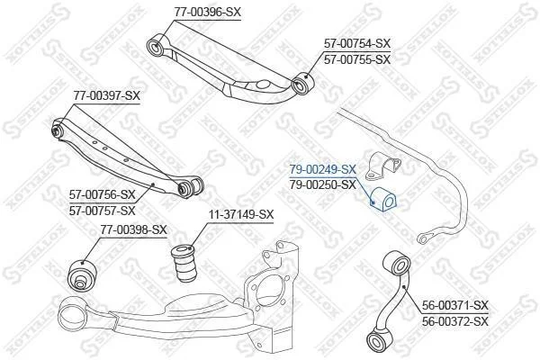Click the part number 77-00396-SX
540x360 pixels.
(207, 13)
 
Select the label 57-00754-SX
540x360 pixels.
(357, 43)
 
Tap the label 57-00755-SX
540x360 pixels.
(357, 59)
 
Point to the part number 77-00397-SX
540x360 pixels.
(107, 95)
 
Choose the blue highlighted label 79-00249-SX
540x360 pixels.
(323, 169)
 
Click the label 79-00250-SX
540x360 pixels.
(323, 185)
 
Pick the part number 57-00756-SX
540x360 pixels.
(103, 194)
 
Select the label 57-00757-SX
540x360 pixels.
(103, 211)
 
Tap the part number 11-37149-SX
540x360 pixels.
(241, 214)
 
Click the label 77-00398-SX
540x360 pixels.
(133, 229)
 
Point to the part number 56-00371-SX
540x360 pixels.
(455, 305)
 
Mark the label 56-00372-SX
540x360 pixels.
(455, 321)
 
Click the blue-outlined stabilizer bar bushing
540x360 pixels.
(383, 199)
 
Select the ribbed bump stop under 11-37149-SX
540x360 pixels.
(184, 263)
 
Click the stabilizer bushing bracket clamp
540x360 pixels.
(382, 166)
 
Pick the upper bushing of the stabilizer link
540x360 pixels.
(397, 265)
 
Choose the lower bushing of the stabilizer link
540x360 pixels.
(379, 340)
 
